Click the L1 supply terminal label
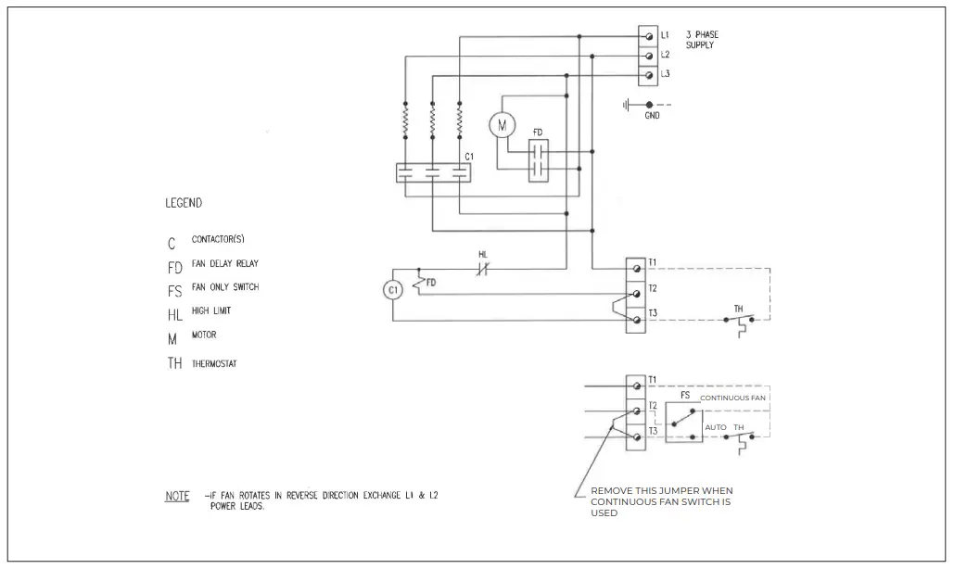(x=665, y=35)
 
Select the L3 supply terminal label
(x=665, y=74)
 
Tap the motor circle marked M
(x=502, y=124)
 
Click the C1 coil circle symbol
(x=392, y=290)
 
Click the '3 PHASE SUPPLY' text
(x=702, y=40)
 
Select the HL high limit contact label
(x=483, y=254)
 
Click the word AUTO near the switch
(x=716, y=428)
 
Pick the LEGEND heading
(x=184, y=203)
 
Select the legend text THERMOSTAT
(x=214, y=364)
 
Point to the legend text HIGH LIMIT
(x=211, y=311)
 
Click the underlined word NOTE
(x=177, y=496)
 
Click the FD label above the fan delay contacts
(x=538, y=133)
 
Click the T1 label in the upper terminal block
(x=653, y=262)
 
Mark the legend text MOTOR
(x=204, y=335)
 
